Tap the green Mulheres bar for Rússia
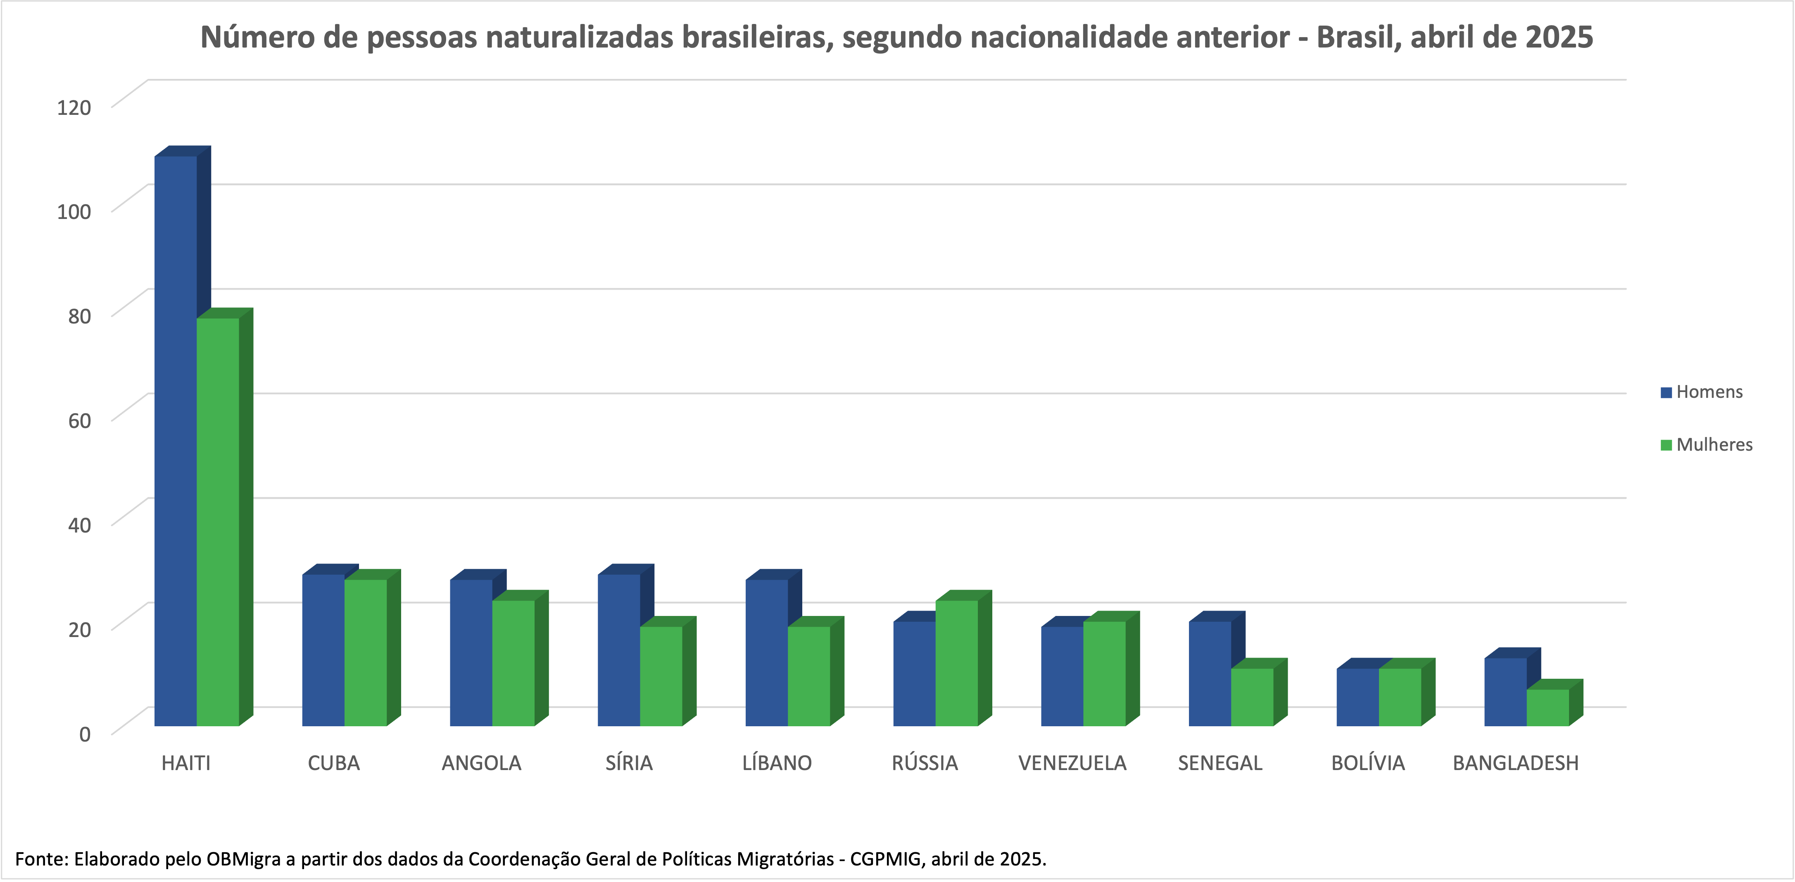956,663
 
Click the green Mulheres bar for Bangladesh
1548,707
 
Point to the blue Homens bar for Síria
619,649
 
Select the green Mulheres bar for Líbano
808,676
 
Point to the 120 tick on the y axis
74,107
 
